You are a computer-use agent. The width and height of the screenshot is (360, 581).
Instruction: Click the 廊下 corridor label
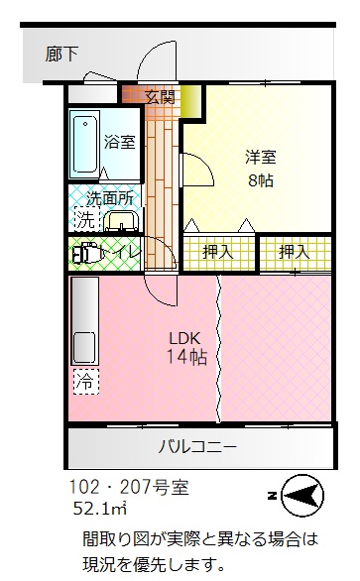pos(61,55)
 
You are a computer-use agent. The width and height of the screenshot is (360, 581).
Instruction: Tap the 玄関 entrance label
pos(160,97)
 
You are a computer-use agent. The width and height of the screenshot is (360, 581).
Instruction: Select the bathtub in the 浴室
pos(85,144)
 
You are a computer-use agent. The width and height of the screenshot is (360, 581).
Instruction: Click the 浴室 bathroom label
pos(119,142)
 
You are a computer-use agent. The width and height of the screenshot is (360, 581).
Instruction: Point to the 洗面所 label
pos(110,198)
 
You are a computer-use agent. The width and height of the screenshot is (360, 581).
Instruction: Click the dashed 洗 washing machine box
pos(87,219)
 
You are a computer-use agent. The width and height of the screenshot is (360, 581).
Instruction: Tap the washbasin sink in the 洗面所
pos(121,221)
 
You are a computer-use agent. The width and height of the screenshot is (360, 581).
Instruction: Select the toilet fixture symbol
pos(86,253)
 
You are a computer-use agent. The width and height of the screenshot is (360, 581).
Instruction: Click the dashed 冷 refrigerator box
pos(86,382)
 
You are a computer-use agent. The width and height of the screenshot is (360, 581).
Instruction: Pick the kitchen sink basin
pos(84,347)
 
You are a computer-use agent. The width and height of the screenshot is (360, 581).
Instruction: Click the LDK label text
pos(184,338)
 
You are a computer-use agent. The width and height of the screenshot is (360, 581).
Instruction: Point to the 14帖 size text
pos(186,357)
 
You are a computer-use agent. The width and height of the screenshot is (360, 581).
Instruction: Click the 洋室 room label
pos(261,157)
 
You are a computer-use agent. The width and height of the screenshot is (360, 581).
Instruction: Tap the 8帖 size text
pos(261,180)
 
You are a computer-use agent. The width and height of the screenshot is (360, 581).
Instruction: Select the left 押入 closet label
pos(218,253)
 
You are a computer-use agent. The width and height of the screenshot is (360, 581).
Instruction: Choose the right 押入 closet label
pos(295,253)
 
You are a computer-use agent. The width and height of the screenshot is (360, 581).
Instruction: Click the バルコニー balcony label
pos(197,447)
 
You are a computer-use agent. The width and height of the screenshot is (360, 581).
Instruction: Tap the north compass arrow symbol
pos(301,496)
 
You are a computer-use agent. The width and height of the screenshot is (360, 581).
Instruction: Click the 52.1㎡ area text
pos(100,509)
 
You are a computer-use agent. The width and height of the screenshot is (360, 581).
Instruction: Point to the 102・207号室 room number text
pos(129,487)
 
